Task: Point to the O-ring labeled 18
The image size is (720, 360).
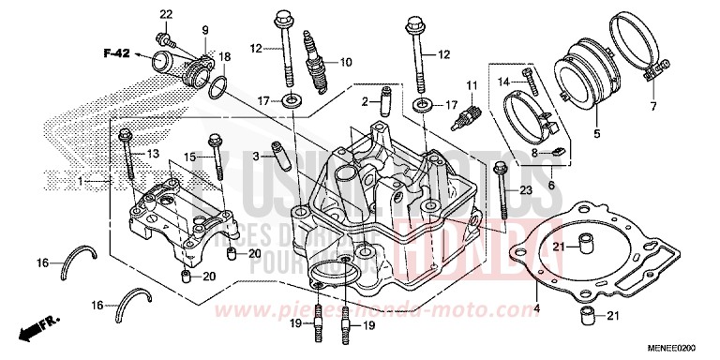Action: pyautogui.click(x=217, y=87)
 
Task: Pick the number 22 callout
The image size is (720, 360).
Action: pyautogui.click(x=166, y=14)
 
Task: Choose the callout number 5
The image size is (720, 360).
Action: pyautogui.click(x=595, y=135)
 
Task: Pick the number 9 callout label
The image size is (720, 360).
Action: pyautogui.click(x=204, y=32)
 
